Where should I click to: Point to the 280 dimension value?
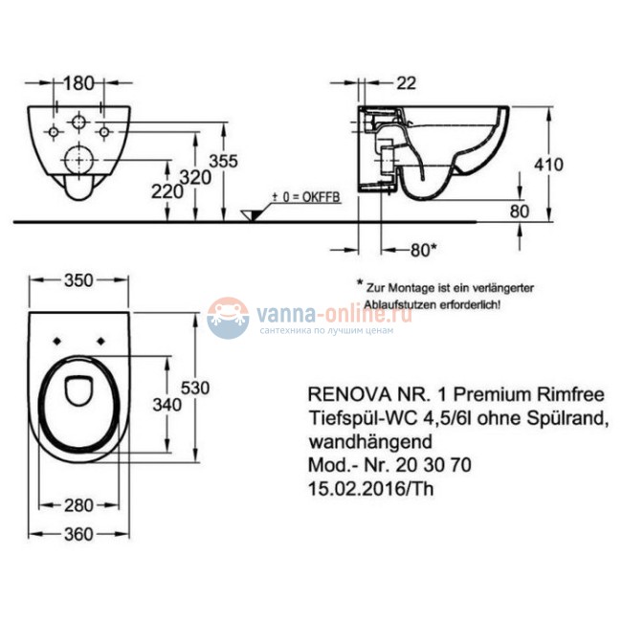(78, 504)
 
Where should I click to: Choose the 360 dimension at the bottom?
(78, 538)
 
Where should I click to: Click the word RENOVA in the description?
(337, 391)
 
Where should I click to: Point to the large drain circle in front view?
(77, 159)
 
